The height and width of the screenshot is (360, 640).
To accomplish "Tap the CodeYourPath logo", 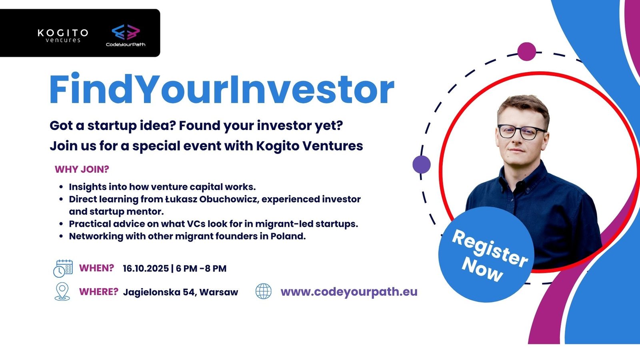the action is point(126,36).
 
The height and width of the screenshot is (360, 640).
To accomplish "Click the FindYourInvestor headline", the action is point(222,90).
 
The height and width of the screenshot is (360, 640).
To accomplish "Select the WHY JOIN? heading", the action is point(82,169).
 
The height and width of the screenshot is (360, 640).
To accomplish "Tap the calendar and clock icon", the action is point(63,268).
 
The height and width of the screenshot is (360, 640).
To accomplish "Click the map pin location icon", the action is point(62,292).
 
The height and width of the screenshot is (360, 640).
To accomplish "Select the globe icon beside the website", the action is point(264,291).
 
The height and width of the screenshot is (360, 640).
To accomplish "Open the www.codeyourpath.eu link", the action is point(349,292).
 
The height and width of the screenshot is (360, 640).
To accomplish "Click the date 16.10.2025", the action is point(146,268).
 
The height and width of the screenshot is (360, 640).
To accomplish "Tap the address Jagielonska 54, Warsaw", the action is point(180,292).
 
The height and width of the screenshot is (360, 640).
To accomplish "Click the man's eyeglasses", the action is point(522,132).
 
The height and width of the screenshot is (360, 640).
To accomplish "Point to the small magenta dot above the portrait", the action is point(526,52).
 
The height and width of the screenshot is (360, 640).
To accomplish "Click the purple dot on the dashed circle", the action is point(422,164).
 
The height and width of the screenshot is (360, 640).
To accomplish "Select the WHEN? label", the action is point(96,268).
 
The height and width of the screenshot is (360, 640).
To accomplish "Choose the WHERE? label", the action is point(98,292).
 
